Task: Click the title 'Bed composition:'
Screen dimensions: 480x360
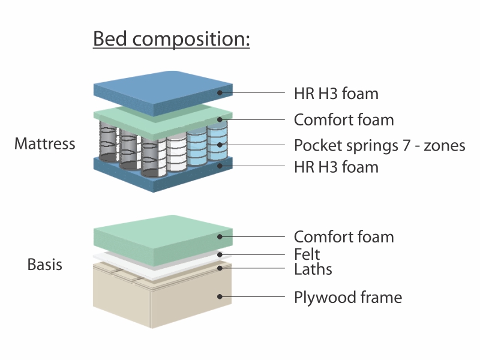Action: pyautogui.click(x=172, y=39)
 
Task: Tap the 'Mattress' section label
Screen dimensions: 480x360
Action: pyautogui.click(x=44, y=143)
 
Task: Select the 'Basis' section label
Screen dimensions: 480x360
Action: pyautogui.click(x=44, y=265)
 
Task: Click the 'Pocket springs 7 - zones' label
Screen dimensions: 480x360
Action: pyautogui.click(x=380, y=145)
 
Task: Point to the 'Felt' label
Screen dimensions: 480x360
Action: pyautogui.click(x=307, y=254)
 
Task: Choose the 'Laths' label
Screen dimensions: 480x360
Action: pyautogui.click(x=313, y=269)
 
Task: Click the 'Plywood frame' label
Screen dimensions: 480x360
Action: pyautogui.click(x=348, y=297)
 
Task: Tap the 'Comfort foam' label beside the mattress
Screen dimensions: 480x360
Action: pyautogui.click(x=344, y=119)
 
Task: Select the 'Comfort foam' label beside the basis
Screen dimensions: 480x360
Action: pyautogui.click(x=344, y=237)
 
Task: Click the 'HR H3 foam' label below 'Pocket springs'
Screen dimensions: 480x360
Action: pyautogui.click(x=336, y=167)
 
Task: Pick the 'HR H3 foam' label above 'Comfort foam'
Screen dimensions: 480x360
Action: pyautogui.click(x=336, y=94)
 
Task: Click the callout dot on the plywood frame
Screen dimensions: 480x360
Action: pyautogui.click(x=220, y=296)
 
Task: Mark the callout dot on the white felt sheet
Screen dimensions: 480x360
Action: pyautogui.click(x=220, y=254)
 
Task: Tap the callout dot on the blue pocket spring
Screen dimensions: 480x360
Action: pyautogui.click(x=220, y=145)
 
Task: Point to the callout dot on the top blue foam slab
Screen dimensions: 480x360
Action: pyautogui.click(x=220, y=92)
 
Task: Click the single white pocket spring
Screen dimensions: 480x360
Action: pyautogui.click(x=176, y=153)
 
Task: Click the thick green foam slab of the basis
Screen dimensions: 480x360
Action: pyautogui.click(x=163, y=242)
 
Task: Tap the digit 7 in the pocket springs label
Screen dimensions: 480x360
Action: pyautogui.click(x=406, y=145)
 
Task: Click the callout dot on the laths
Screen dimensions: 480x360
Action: pyautogui.click(x=220, y=268)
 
